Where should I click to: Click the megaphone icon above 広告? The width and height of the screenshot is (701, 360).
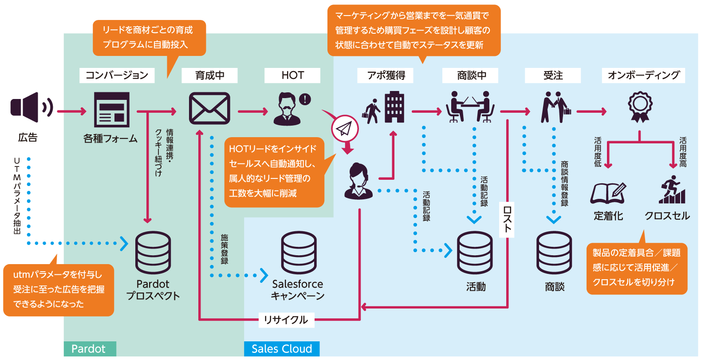coord(31,107)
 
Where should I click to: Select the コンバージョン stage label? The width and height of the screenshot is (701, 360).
coord(117,75)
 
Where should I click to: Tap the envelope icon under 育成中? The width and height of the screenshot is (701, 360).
coord(209,108)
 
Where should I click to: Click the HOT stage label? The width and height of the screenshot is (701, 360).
coord(292,75)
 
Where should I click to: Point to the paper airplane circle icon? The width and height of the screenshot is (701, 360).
coord(345,129)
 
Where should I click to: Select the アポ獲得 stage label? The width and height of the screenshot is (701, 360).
coord(386,75)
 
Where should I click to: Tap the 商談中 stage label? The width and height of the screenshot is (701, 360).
coord(471,75)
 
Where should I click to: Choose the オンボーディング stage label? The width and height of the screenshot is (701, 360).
coord(643,75)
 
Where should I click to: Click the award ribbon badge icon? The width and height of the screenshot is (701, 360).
coord(640,107)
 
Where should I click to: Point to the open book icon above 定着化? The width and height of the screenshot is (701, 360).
coord(608,193)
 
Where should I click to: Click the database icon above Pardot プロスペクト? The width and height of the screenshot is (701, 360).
coord(153,253)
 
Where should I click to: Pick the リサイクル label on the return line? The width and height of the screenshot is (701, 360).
coord(286,320)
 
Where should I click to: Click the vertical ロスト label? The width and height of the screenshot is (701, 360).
coord(507,219)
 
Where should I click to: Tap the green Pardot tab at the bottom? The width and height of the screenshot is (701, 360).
coord(89,349)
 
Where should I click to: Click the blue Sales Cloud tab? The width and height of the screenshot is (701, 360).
coord(282,349)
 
